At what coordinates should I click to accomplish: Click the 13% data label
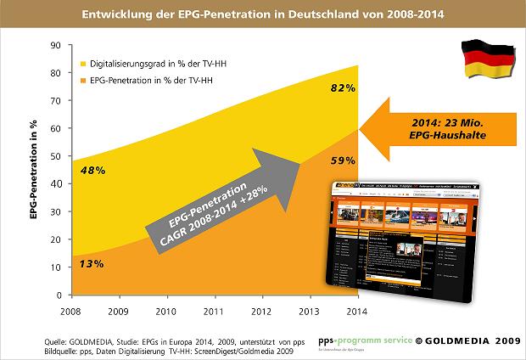92,264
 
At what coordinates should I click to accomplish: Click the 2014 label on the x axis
356,311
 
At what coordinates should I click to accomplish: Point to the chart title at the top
263,14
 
